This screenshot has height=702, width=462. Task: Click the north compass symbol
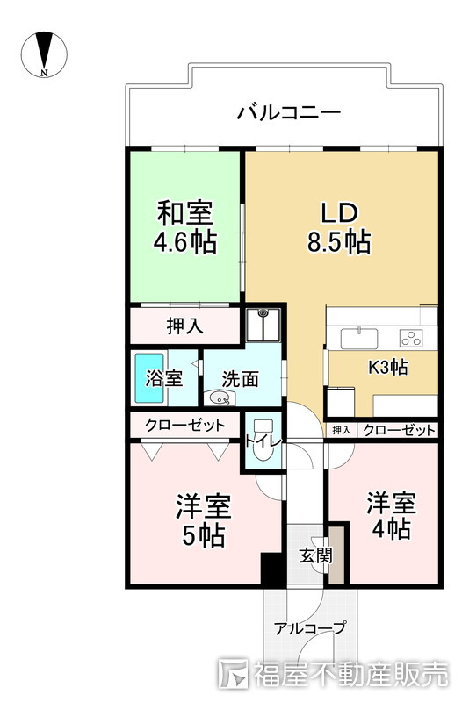[x=44, y=54]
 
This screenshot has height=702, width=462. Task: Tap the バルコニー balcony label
[x=288, y=113]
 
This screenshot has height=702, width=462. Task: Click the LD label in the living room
[x=338, y=212]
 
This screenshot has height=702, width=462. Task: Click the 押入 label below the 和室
[x=185, y=326]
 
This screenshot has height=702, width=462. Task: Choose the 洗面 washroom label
[x=240, y=379]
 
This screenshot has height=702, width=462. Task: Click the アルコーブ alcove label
[x=309, y=627]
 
